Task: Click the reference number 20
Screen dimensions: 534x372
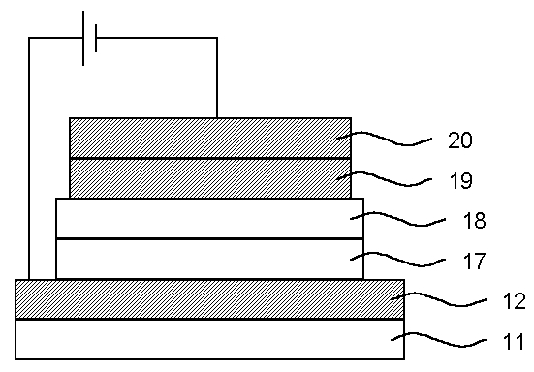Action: (460, 140)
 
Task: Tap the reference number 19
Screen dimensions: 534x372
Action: (461, 180)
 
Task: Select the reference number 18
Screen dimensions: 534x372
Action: (474, 220)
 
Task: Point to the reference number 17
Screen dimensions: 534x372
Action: (474, 261)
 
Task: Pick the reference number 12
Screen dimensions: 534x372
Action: (515, 301)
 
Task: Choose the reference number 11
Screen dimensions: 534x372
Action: (514, 341)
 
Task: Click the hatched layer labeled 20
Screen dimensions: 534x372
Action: (210, 139)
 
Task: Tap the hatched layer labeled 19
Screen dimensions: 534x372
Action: (210, 178)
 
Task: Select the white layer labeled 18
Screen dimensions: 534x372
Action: (209, 219)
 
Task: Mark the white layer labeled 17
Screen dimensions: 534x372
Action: (209, 259)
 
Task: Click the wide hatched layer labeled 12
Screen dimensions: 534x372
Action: (209, 299)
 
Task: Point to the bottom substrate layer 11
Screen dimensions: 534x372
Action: (209, 339)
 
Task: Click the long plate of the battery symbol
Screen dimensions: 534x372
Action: (83, 38)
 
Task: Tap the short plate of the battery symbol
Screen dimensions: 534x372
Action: (96, 38)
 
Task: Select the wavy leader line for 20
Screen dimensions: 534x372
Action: (384, 139)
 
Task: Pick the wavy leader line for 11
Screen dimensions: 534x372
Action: (438, 340)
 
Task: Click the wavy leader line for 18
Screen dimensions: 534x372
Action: (397, 219)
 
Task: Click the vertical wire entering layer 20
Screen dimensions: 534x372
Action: (217, 77)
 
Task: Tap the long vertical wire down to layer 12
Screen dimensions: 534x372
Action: (29, 159)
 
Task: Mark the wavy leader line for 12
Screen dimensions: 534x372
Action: (438, 299)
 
